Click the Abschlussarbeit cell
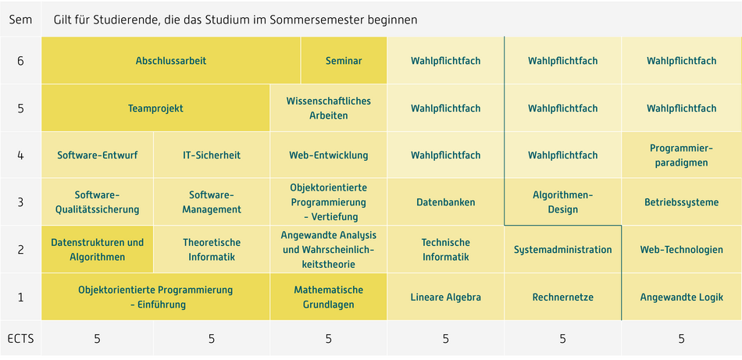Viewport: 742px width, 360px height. point(171,61)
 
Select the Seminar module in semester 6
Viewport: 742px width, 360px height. point(344,61)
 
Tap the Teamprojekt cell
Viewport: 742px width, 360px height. point(155,109)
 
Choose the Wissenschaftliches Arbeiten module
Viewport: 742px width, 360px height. point(328,109)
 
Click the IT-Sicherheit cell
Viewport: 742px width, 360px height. point(212,155)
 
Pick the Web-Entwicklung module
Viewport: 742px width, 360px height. point(328,155)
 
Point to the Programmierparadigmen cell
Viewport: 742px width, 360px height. point(681,155)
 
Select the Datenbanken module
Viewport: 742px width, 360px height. point(446,202)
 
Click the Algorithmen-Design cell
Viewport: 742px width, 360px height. point(562,202)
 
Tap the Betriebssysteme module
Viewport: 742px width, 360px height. point(681,202)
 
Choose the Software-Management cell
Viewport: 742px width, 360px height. point(212,202)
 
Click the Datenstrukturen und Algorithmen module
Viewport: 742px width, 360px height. point(97,249)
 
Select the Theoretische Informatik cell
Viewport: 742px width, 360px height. point(212,249)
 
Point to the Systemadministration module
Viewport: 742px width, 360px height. point(562,249)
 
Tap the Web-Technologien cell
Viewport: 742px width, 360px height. point(681,249)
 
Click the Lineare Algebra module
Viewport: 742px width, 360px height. point(446,297)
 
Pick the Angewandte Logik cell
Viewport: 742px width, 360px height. point(681,297)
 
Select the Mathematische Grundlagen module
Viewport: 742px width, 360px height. point(328,297)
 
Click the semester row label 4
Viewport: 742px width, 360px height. point(20,155)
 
